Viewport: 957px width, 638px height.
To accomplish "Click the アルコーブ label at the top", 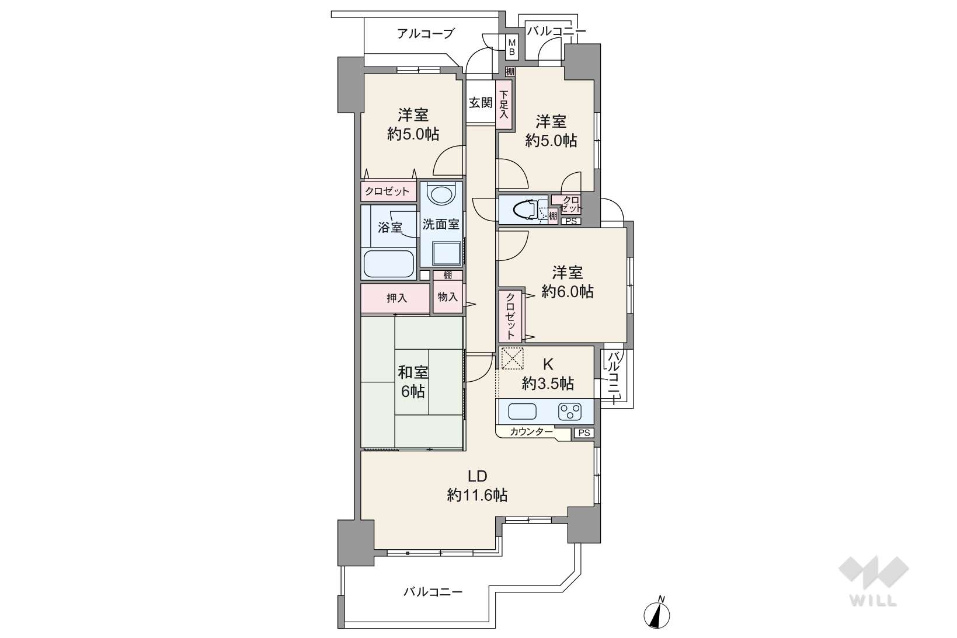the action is (426, 33).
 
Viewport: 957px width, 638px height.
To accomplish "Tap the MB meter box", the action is (511, 47).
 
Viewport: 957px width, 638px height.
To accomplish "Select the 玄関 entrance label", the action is (481, 103).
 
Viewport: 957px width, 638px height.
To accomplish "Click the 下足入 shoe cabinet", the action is (504, 104).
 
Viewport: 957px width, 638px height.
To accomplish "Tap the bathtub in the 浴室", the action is (389, 264).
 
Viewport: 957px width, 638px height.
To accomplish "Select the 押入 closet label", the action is (396, 298).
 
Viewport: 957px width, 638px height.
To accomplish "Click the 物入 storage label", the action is (448, 297).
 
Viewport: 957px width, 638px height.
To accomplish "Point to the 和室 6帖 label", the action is (413, 382).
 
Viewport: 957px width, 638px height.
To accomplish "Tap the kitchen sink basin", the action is (522, 412).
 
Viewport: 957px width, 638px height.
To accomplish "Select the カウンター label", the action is (531, 432).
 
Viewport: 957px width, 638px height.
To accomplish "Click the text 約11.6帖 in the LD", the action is (477, 496).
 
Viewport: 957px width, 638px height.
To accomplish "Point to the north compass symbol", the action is (657, 613).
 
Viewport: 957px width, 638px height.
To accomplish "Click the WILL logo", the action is (874, 581).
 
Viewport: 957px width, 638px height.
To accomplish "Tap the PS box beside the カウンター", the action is (583, 433).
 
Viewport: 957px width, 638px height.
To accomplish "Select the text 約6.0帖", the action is (568, 292).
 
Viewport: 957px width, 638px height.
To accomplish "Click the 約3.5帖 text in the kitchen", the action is (548, 384).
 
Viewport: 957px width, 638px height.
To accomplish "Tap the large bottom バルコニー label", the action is (433, 592).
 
